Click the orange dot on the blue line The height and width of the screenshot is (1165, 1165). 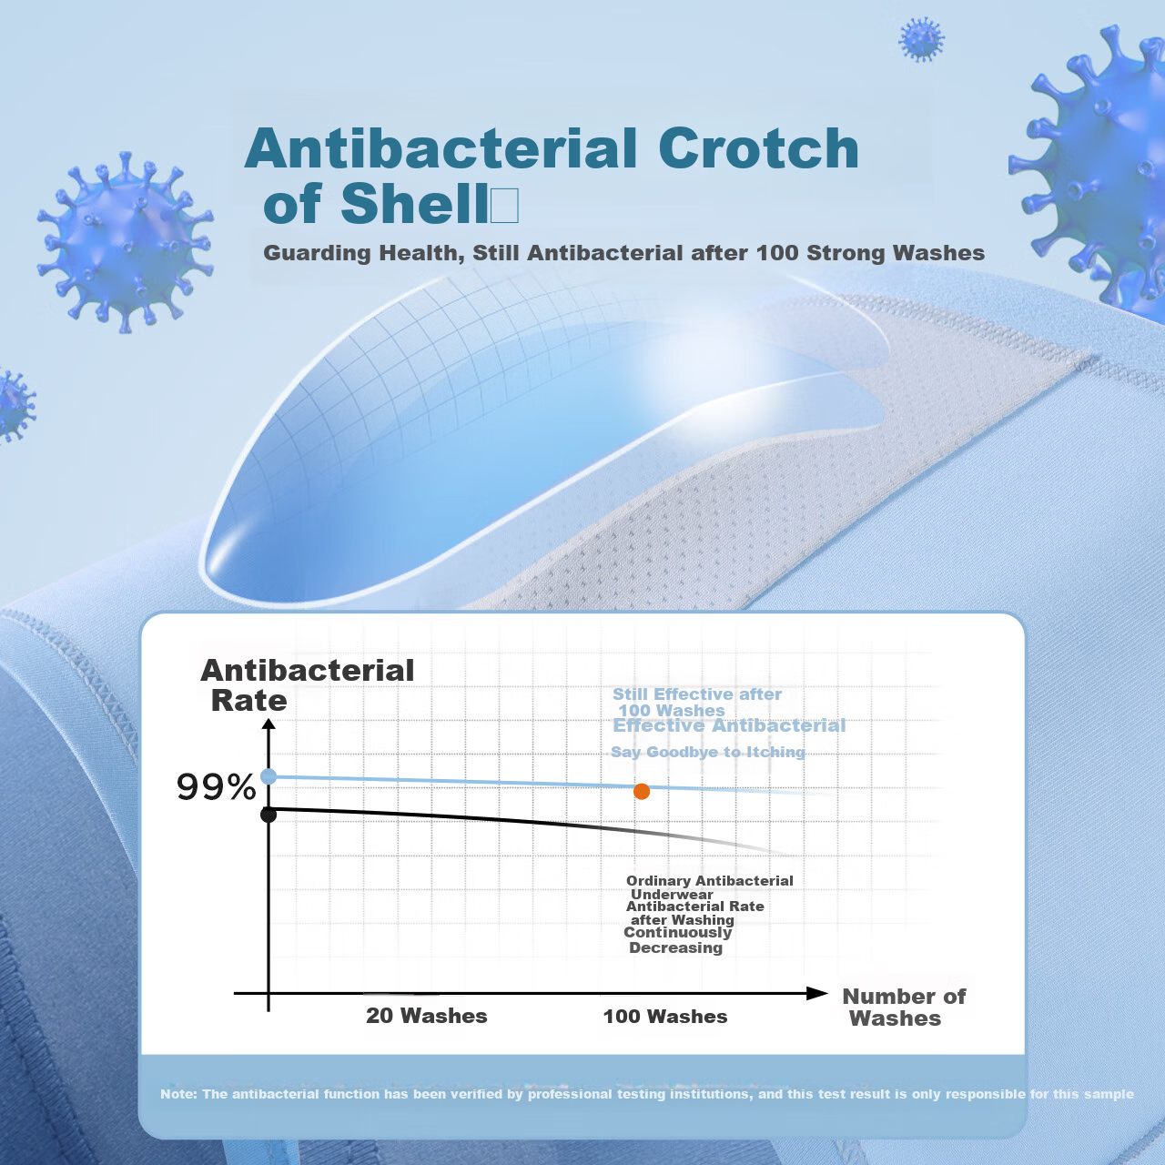click(x=642, y=791)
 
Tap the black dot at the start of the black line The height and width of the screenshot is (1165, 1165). click(x=268, y=815)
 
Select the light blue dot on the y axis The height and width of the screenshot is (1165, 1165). click(x=268, y=777)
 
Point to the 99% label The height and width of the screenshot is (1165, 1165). click(x=217, y=788)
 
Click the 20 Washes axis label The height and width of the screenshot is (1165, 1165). click(x=426, y=1016)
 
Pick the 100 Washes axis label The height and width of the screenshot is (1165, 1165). click(x=665, y=1017)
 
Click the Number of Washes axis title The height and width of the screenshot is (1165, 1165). click(x=903, y=1008)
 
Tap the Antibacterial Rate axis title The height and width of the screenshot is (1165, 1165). click(x=307, y=685)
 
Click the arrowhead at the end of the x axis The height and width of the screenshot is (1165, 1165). click(x=816, y=993)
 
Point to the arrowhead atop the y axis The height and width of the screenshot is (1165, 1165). click(x=269, y=724)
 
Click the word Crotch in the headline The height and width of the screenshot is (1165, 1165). click(x=758, y=148)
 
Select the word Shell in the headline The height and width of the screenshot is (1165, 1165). click(x=414, y=203)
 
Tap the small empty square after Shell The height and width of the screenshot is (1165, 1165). click(x=504, y=207)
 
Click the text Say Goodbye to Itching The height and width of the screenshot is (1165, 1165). click(x=708, y=752)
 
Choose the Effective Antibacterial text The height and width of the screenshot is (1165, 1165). click(x=729, y=725)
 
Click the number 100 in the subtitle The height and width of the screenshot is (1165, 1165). click(x=777, y=253)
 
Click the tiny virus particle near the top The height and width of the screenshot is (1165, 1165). click(x=921, y=39)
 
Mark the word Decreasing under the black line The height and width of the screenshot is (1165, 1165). click(x=676, y=947)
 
